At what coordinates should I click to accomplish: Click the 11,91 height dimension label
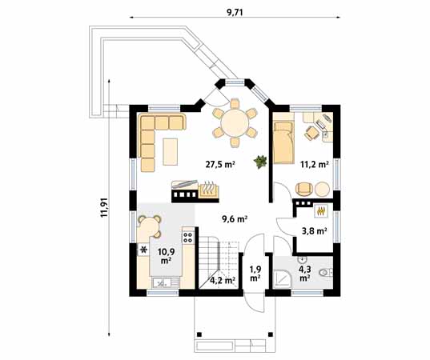102,202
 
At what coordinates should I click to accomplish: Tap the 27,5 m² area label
217,165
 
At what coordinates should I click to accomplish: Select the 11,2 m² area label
314,165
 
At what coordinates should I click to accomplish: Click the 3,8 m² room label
313,231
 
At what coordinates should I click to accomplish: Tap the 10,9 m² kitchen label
167,255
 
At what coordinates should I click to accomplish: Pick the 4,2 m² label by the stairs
221,280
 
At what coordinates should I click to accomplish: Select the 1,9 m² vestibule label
255,274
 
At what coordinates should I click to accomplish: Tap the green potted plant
259,162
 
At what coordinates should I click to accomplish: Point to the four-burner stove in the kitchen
187,238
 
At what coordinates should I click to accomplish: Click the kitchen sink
160,282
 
